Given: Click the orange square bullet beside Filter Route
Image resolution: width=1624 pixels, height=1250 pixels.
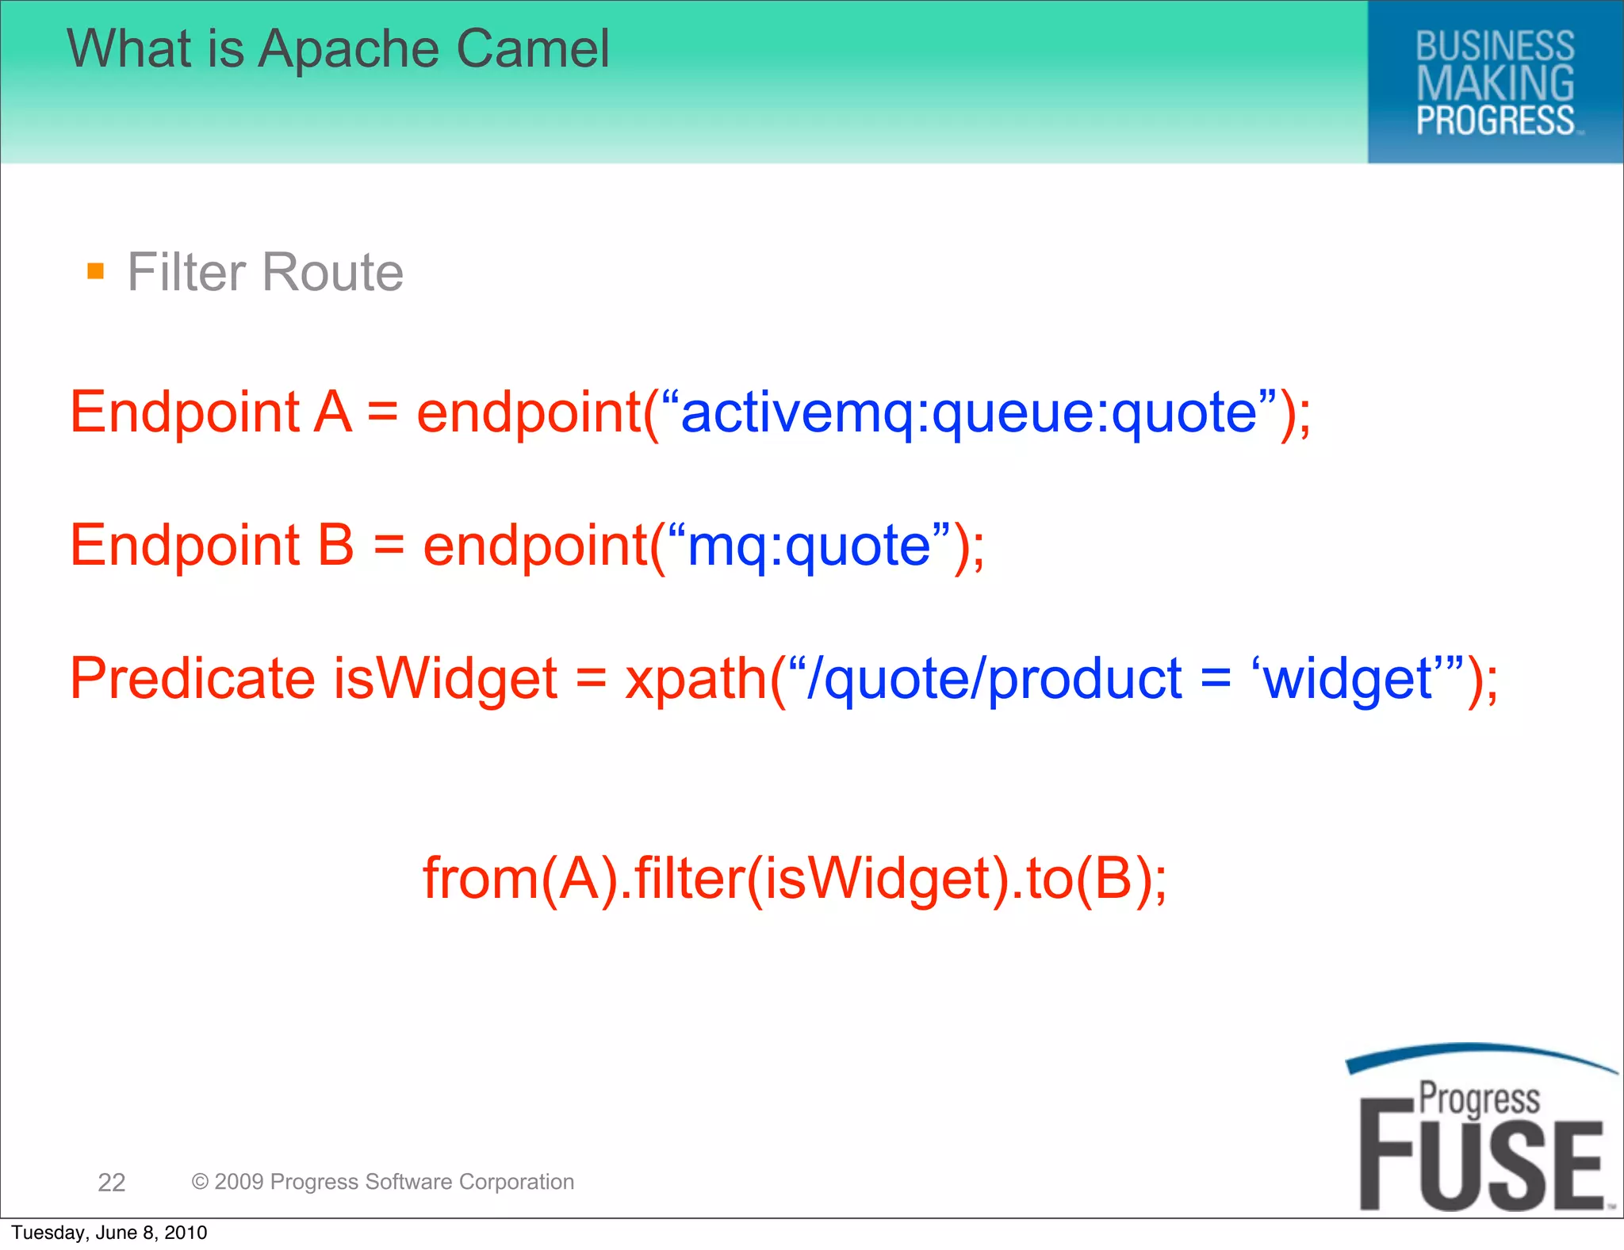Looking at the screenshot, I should pos(96,272).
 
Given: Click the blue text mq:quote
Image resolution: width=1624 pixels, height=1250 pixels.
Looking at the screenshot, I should pos(809,546).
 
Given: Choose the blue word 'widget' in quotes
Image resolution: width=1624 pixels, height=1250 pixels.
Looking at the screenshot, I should pos(1348,680).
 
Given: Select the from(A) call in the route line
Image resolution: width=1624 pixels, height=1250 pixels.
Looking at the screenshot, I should pos(519,879).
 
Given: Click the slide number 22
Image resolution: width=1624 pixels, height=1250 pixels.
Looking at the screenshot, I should pos(112,1183).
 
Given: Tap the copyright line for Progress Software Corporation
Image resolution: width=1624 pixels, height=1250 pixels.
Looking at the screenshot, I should pos(382,1182).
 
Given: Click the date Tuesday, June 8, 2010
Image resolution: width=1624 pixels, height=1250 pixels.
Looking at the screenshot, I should pos(109,1233).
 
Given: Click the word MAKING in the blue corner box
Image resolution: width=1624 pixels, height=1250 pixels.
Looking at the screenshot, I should pos(1495,83).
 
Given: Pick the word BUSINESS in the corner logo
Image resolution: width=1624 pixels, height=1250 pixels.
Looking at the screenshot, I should pos(1495,46).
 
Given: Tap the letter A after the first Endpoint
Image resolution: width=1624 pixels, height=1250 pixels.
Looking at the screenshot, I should pos(333,413).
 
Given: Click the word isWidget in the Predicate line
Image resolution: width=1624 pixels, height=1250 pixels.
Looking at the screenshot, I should pos(445,679).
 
